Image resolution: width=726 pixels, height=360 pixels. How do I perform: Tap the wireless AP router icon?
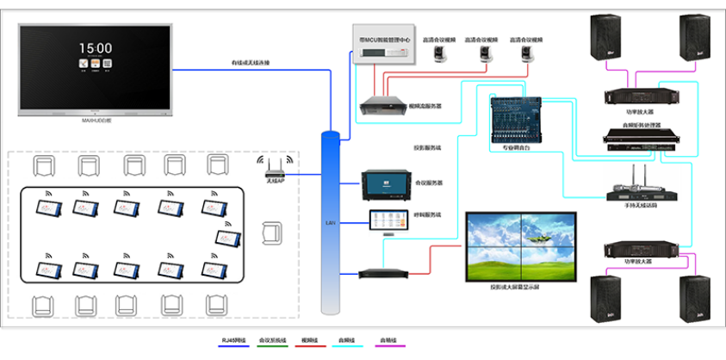point(275,166)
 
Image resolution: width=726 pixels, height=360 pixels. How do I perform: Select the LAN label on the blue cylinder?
point(329,222)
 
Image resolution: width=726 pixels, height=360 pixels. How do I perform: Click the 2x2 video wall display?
point(519,247)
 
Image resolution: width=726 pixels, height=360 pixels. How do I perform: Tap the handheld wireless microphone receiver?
point(636,193)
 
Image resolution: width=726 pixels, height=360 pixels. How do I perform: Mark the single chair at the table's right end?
point(272,233)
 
